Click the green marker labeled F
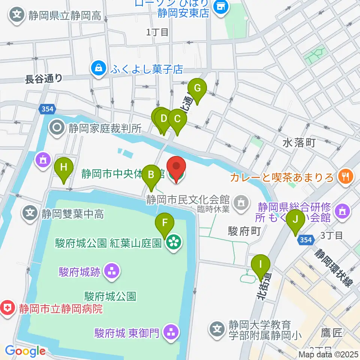tap(165, 223)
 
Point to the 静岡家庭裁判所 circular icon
tap(57, 128)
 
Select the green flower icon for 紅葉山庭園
tap(173, 243)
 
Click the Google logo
tap(25, 351)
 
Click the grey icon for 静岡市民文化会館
tap(238, 203)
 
